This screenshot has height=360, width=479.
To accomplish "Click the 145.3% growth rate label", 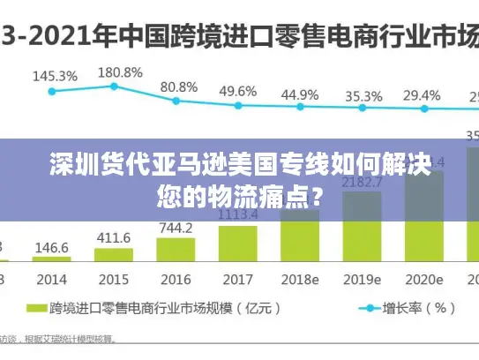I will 55,76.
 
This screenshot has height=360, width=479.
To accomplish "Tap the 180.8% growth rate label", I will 119,72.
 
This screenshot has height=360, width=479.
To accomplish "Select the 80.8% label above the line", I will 179,86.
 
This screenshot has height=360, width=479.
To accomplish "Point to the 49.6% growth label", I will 238,91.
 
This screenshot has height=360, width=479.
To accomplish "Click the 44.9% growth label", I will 300,93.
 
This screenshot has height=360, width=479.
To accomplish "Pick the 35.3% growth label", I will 363,95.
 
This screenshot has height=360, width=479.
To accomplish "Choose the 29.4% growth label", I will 422,94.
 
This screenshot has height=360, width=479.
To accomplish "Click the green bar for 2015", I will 113,256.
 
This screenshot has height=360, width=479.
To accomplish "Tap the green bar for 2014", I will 52,260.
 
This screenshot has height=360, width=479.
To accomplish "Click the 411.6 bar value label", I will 113,238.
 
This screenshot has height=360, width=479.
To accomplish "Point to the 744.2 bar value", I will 176,228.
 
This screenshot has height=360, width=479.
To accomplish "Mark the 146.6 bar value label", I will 52,248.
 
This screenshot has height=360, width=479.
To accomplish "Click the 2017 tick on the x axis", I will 237,279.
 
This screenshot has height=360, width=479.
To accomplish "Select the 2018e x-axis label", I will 300,279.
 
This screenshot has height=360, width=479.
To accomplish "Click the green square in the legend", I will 35,309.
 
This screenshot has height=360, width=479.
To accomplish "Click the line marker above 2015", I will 114,86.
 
